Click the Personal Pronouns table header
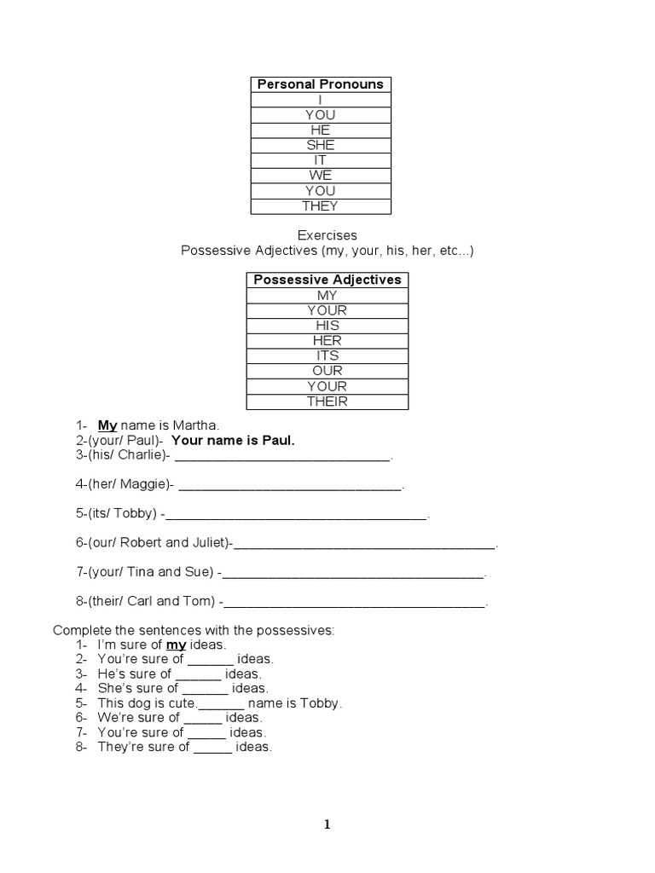[321, 84]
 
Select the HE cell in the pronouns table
[321, 130]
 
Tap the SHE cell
[321, 145]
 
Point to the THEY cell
[321, 206]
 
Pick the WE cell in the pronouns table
[321, 176]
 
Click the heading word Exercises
[327, 234]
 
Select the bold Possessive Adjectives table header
[327, 280]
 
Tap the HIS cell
[327, 326]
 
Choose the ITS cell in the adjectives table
[327, 356]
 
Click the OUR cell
[327, 371]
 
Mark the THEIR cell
[327, 402]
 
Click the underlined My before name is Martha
[107, 425]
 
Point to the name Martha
[197, 425]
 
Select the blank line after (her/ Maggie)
[290, 487]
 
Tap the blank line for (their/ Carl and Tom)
[353, 604]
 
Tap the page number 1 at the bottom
[327, 824]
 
